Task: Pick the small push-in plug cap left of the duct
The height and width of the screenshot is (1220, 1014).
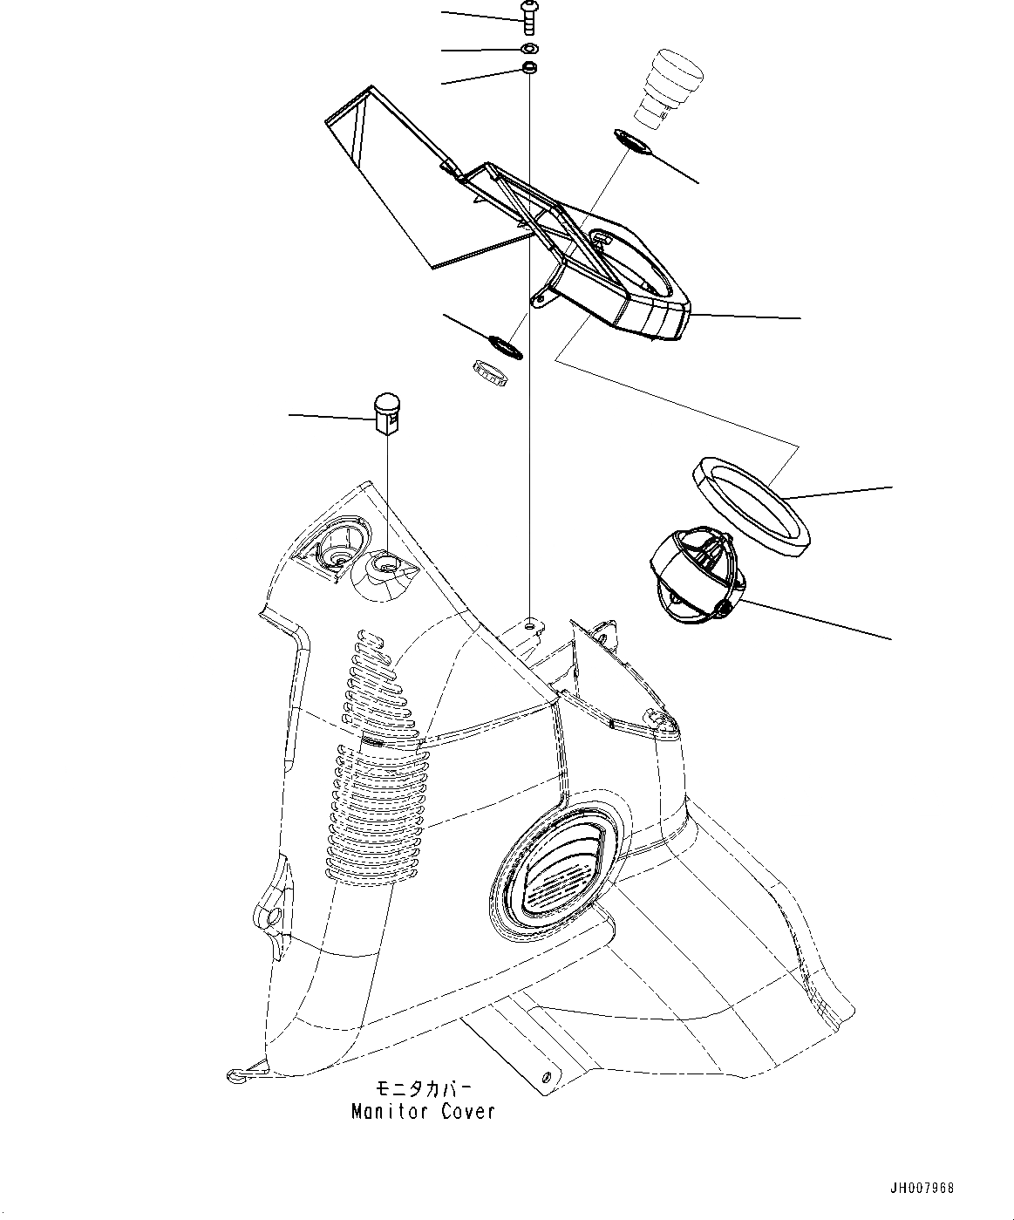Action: [x=387, y=412]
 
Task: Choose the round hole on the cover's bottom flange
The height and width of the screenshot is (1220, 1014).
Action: [x=546, y=1075]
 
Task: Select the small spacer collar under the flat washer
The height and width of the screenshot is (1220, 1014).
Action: [x=528, y=68]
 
